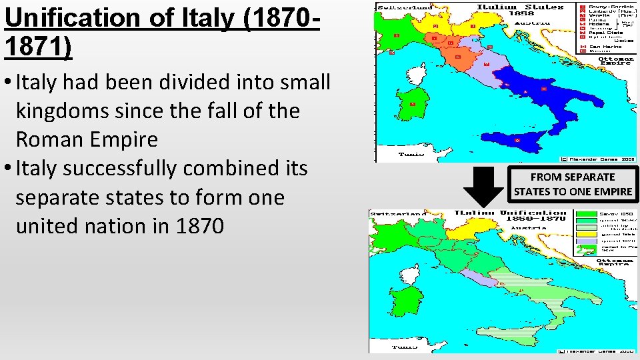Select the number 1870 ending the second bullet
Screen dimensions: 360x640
pos(200,226)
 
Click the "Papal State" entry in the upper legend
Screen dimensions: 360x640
pos(605,32)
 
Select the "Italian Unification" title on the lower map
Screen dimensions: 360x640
pos(509,215)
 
